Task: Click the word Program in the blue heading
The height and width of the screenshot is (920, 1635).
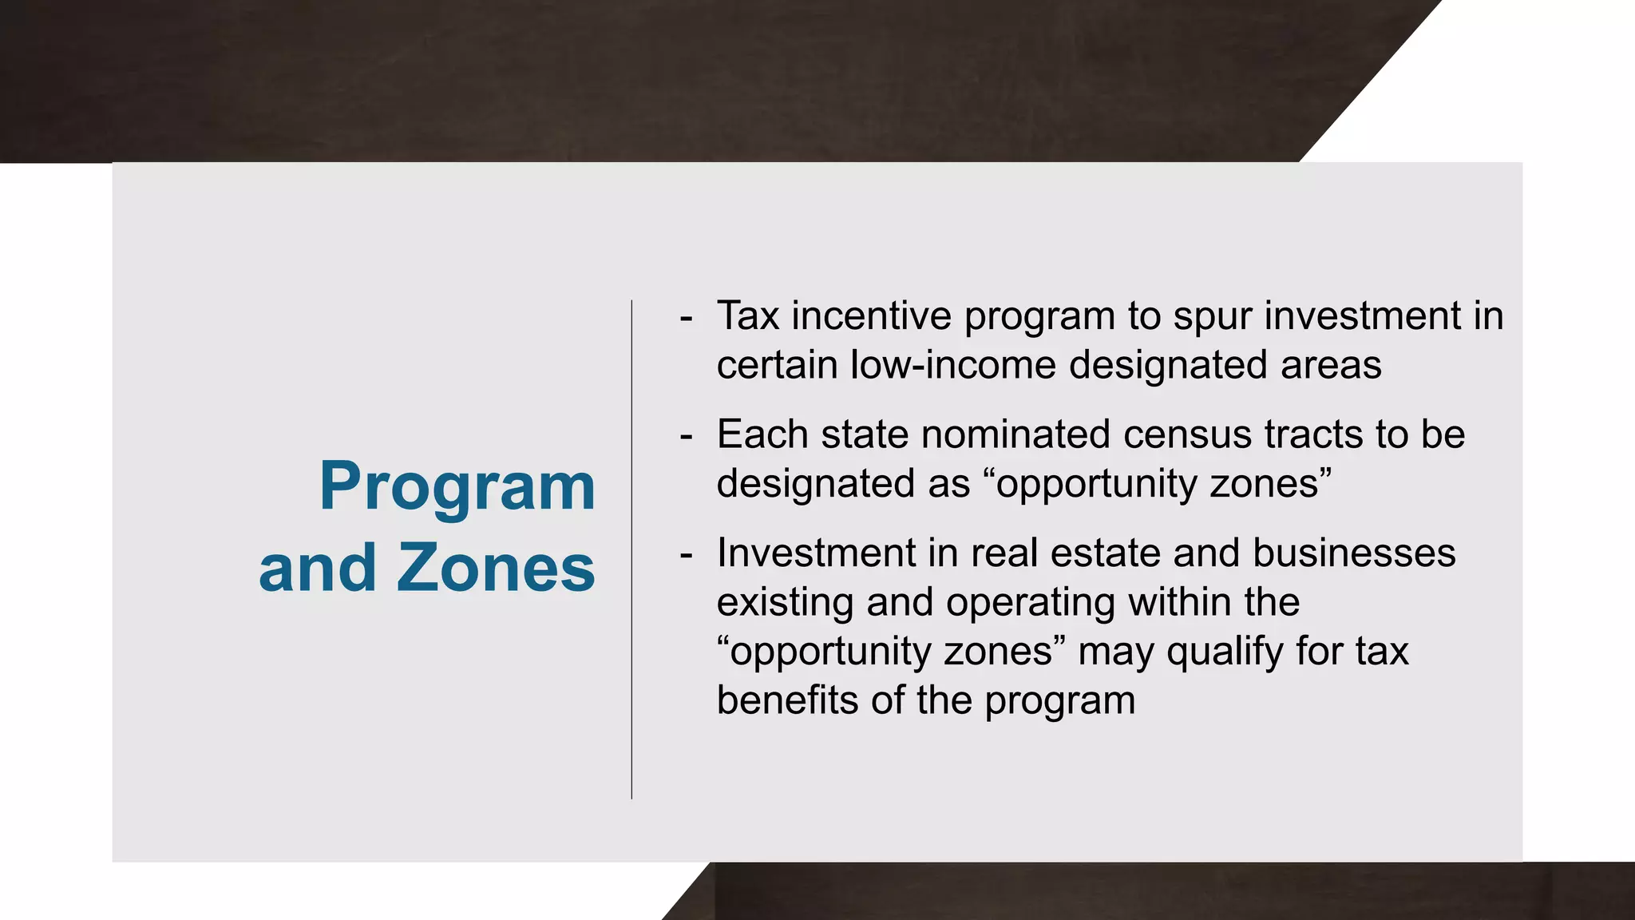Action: click(x=457, y=487)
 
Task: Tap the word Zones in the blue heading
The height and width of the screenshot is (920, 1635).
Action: click(x=496, y=568)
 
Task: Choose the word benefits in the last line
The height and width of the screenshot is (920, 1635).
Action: click(x=787, y=700)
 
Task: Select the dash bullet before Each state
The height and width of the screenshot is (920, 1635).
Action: click(x=686, y=437)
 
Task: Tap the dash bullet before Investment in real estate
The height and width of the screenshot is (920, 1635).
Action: click(x=686, y=555)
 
